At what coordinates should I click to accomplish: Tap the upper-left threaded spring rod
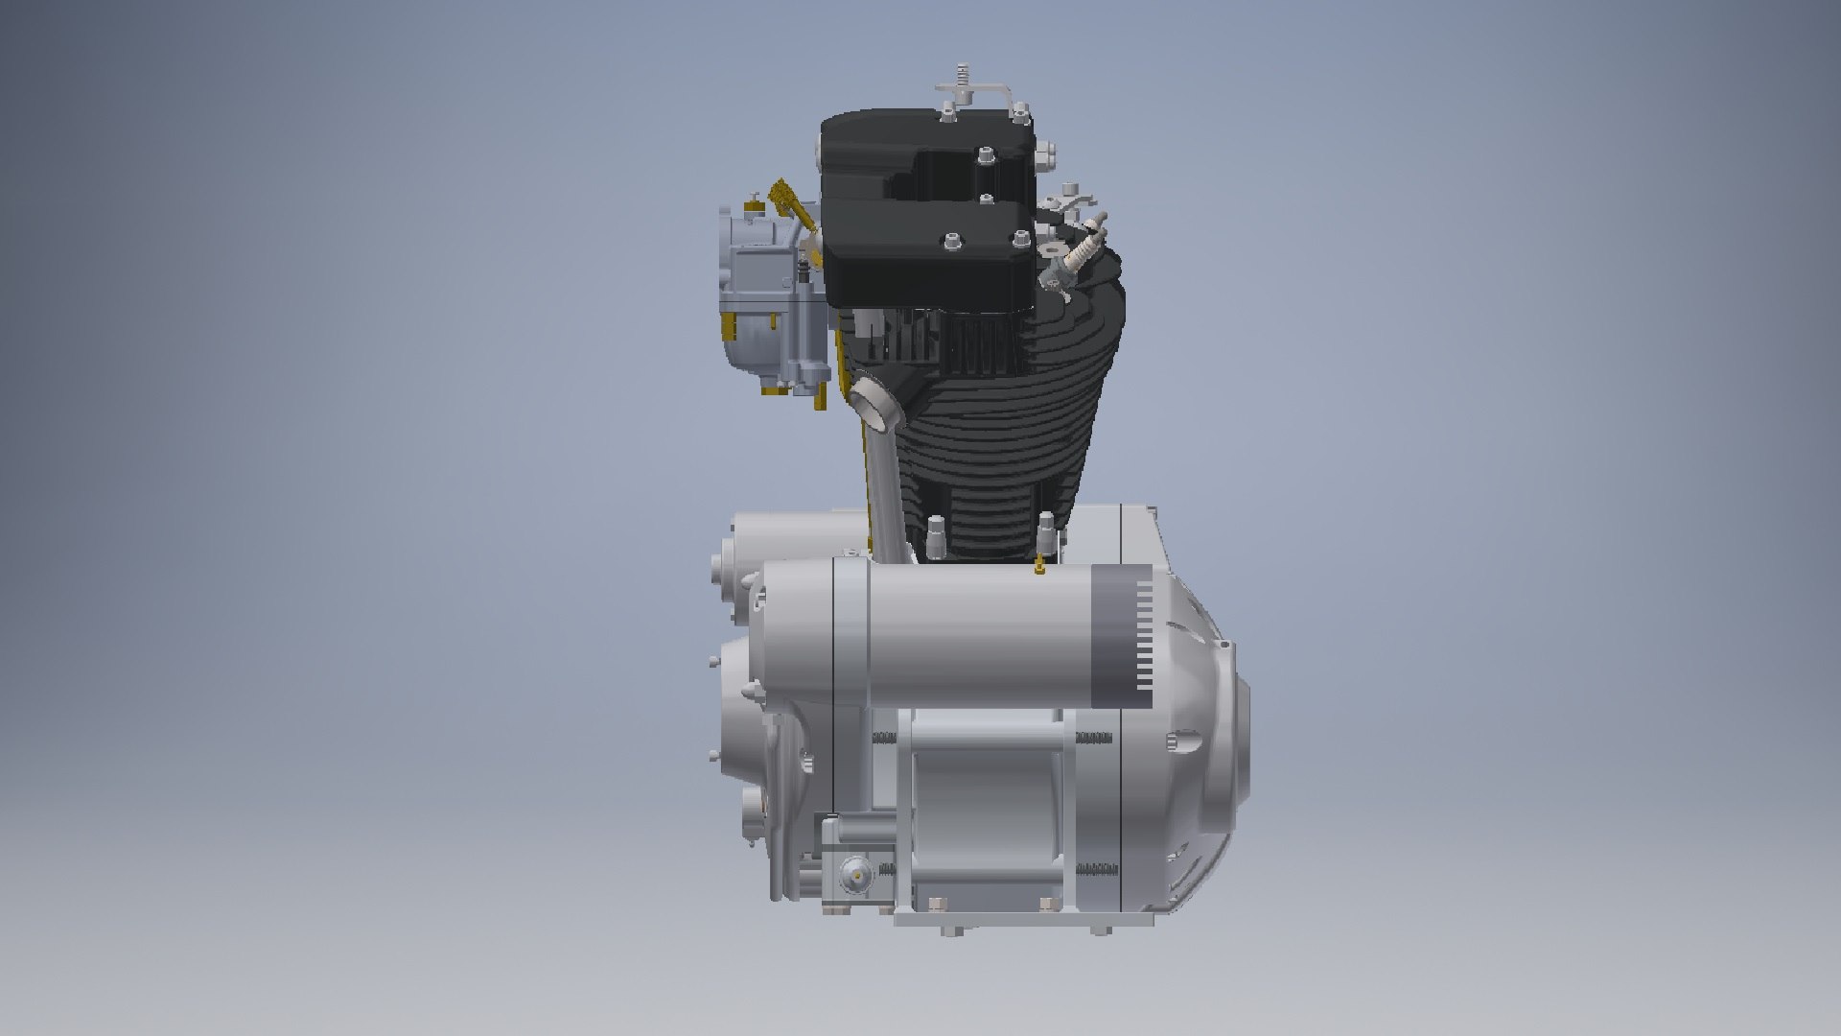[x=884, y=737]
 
